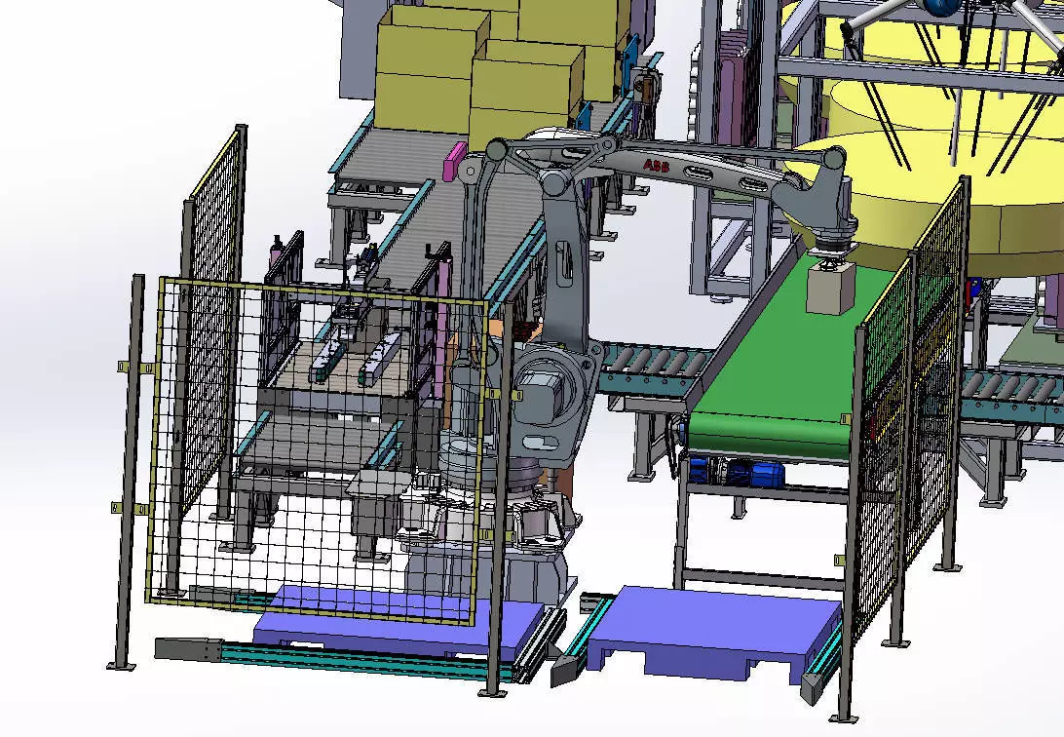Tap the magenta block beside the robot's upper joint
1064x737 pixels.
[454, 161]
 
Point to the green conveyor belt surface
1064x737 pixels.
[770, 390]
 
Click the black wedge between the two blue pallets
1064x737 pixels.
[565, 669]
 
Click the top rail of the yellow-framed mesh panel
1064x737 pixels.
[322, 291]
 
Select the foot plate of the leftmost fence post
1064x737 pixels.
[121, 666]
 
